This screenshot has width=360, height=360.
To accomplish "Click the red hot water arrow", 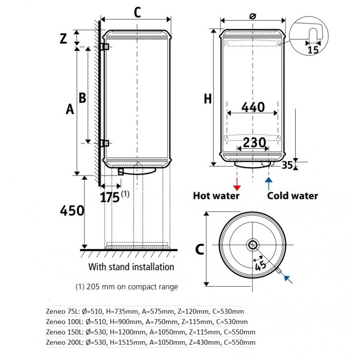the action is (237, 184).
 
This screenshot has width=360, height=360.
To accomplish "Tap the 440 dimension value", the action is (253, 107).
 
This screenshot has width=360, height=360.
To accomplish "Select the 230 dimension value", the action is (254, 143).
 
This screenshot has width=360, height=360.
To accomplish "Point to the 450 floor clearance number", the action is (72, 211).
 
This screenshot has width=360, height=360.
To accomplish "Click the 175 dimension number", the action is (110, 197).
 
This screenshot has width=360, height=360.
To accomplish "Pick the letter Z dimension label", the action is (63, 38).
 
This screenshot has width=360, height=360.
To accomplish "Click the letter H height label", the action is (208, 99).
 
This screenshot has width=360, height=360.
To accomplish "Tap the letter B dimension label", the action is (83, 97).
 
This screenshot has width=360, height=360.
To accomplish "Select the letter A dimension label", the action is (70, 109).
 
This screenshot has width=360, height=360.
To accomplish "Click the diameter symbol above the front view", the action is (252, 16).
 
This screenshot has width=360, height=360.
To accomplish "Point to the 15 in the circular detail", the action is (312, 50).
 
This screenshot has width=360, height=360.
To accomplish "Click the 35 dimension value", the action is (287, 165).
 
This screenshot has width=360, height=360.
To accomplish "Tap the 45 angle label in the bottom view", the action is (261, 265).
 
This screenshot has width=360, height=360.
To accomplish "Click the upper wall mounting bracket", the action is (105, 47).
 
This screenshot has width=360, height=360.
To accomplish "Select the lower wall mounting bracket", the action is (105, 143).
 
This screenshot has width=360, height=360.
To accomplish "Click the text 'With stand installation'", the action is (131, 267).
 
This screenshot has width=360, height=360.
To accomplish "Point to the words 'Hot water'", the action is (216, 196).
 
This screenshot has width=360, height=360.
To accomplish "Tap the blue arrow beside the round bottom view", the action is (288, 279).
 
